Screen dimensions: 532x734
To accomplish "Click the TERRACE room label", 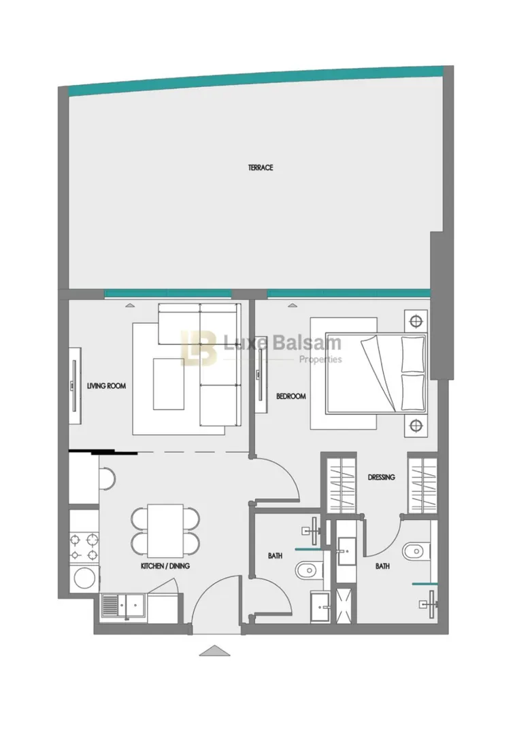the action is click(x=261, y=168).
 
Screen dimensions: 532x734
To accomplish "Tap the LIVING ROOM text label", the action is click(x=106, y=386).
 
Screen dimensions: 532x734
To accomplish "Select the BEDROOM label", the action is click(x=290, y=396).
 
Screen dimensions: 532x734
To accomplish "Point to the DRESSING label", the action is click(x=381, y=478).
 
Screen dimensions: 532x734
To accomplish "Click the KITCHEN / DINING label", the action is click(x=165, y=566).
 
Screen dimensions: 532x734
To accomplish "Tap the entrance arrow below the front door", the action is click(x=215, y=650).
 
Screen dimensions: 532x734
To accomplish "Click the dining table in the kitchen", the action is click(x=165, y=528).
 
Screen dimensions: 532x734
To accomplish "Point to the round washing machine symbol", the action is click(x=84, y=578).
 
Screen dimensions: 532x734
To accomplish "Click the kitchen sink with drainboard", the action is click(x=124, y=608).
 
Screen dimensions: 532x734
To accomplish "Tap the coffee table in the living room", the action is click(x=168, y=384).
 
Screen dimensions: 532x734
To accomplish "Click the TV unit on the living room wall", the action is click(x=75, y=386).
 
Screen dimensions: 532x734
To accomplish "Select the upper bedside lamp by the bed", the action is click(x=416, y=321).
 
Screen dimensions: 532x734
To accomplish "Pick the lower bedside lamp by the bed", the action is click(x=416, y=426).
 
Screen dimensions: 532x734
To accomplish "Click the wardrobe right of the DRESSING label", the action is click(x=422, y=484).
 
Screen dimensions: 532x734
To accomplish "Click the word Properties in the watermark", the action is click(x=320, y=360).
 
